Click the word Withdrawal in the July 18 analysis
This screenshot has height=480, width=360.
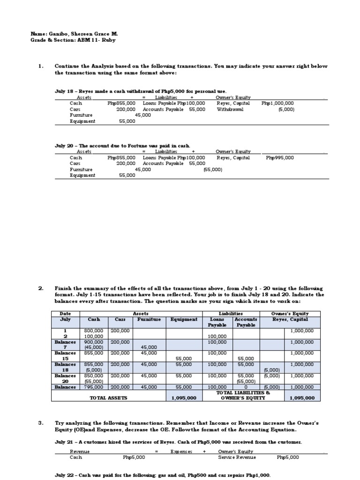pos(230,109)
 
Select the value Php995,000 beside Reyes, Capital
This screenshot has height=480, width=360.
pos(280,158)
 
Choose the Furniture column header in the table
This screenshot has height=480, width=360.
pos(149,319)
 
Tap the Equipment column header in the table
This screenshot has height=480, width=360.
pos(184,319)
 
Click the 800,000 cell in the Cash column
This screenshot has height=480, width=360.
pos(93,330)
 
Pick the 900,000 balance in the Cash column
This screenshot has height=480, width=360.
pos(93,342)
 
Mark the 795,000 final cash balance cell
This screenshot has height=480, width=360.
pos(93,387)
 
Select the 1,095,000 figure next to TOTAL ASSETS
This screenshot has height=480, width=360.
pos(184,398)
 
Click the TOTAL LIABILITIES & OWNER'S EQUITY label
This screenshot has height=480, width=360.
pos(243,395)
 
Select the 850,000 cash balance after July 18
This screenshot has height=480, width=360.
pos(93,375)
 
